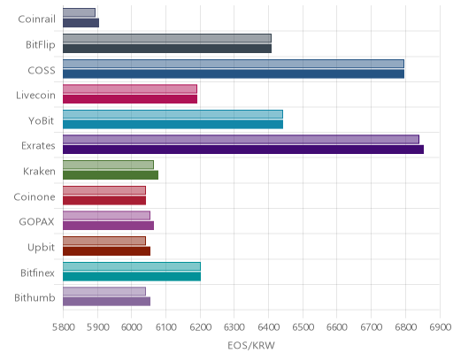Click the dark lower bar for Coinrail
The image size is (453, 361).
coord(81,23)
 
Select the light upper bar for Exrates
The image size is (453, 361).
coord(241,140)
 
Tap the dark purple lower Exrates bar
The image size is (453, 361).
coord(243,150)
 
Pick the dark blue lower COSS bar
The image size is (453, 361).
coord(234,73)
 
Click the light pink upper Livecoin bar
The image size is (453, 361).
coord(130,88)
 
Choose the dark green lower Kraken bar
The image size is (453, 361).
coord(111,175)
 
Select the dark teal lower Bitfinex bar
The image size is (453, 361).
coord(132,276)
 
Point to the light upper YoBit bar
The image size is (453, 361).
coord(173,114)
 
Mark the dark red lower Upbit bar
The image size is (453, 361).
coord(106,251)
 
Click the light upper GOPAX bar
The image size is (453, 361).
coord(106,216)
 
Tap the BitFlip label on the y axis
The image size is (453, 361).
coord(41,45)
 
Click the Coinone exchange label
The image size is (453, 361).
coord(35,196)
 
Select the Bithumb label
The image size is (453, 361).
coord(35,298)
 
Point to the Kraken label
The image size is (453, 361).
coord(39,171)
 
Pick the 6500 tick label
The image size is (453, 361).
coord(303,327)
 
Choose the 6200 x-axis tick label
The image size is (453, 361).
coord(200,327)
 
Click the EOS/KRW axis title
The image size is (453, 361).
coord(251,345)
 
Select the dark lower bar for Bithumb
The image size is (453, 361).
coord(106,302)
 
